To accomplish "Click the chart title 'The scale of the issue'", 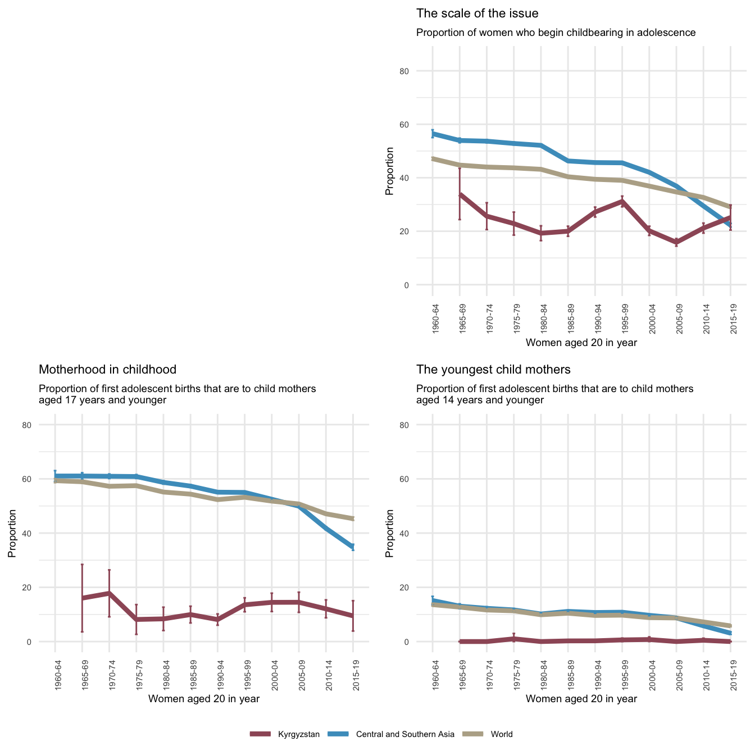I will point(477,13).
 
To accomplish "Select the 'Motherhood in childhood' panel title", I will point(107,370).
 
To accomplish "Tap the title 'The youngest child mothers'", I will point(493,370).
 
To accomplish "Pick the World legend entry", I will point(501,734).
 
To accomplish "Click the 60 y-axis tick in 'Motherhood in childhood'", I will point(26,479).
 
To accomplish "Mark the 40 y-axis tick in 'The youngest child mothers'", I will point(404,533).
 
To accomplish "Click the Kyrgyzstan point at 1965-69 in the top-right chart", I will point(460,194).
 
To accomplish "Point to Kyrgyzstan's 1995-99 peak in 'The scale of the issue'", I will point(622,201).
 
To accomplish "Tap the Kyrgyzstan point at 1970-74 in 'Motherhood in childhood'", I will point(110,593).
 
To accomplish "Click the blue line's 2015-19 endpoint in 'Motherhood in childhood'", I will point(353,547).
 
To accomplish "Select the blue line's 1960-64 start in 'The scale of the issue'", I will point(433,133).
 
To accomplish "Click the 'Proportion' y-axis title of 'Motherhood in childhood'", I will point(12,533).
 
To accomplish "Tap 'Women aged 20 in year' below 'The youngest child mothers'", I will point(581,699).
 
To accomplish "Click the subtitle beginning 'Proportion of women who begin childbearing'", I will point(556,33).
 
